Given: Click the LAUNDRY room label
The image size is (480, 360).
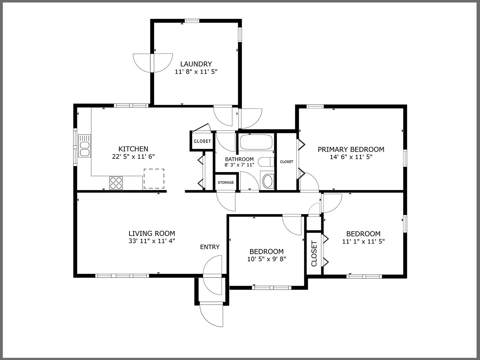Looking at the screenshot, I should pos(196,64).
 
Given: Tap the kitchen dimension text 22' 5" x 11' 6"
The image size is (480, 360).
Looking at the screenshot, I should pos(133,157).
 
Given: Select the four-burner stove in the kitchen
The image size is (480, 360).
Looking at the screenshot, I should pos(116,183).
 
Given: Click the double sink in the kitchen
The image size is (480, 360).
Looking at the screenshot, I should pos(84,146).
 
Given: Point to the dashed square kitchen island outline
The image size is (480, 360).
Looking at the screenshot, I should pos(154,178).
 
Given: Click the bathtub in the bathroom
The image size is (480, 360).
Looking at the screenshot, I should pos(256,142).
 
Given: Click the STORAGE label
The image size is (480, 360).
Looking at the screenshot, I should pos(226,182).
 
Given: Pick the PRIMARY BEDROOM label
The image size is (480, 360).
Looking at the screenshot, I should pos(351,149).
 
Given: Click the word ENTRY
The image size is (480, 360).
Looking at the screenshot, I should pos(210,247).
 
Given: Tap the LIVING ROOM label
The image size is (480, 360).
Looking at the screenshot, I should pos(152,233).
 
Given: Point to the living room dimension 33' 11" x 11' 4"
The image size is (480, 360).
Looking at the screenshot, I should pos(152,241).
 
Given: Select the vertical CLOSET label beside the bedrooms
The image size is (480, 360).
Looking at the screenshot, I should pos(314,253).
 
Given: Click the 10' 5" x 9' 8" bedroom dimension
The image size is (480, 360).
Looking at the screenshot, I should pos(267,259).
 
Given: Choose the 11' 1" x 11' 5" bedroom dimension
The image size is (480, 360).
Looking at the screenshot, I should pos(363,241).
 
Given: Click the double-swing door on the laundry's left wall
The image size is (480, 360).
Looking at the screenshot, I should pos(152,63).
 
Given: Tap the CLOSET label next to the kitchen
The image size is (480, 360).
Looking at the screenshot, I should pos(202,141).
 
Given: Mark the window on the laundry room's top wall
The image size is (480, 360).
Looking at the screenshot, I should pos(192,21).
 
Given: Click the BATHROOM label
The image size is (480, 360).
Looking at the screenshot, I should pos(239,159).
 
